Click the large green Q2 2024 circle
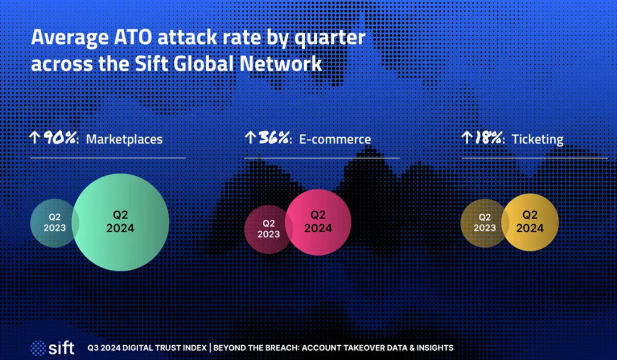tap(120, 222)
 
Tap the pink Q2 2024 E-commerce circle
tap(318, 222)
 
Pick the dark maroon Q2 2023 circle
tap(268, 229)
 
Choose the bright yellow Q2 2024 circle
tap(529, 222)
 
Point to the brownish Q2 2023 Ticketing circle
tap(484, 223)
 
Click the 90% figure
tap(60, 138)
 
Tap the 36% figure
tap(274, 138)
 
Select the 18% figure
tap(488, 138)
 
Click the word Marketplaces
tap(125, 139)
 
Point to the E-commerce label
tap(335, 139)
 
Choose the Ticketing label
tap(537, 140)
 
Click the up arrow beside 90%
tap(35, 138)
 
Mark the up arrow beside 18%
tap(466, 138)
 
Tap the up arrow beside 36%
tap(250, 138)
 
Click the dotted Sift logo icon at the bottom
tap(38, 348)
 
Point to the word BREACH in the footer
tap(302, 348)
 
